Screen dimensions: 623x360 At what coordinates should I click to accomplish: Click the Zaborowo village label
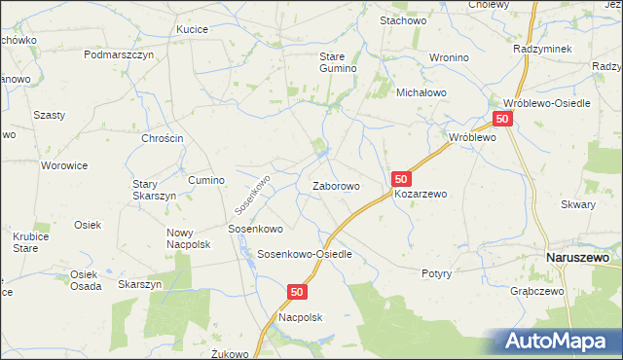pos(336,186)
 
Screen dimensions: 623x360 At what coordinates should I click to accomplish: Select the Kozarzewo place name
pos(421,194)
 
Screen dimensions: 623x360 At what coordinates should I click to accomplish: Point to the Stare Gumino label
pos(340,62)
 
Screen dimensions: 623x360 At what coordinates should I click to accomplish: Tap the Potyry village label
pos(436,273)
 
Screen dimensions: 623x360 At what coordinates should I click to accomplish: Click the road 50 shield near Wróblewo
pos(502,119)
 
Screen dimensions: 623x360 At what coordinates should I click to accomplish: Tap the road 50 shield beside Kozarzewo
pos(402,179)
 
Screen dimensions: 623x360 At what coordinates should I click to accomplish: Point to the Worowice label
pos(65,165)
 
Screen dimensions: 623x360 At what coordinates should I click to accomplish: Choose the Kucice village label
pos(192,30)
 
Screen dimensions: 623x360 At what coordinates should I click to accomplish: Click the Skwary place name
pos(578,205)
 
